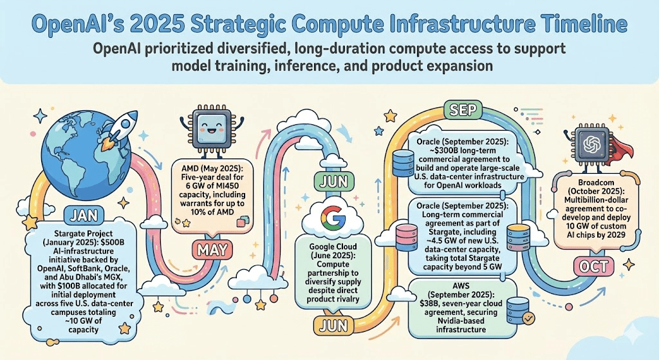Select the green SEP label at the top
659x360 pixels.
(x=463, y=110)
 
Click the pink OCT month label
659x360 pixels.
(x=593, y=266)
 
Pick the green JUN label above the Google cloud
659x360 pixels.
(x=334, y=182)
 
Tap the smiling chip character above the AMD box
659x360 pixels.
(x=208, y=128)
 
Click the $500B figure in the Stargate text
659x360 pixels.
(x=116, y=242)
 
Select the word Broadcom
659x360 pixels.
(x=595, y=182)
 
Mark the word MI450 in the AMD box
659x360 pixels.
(x=231, y=186)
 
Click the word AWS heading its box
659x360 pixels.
(x=461, y=286)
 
